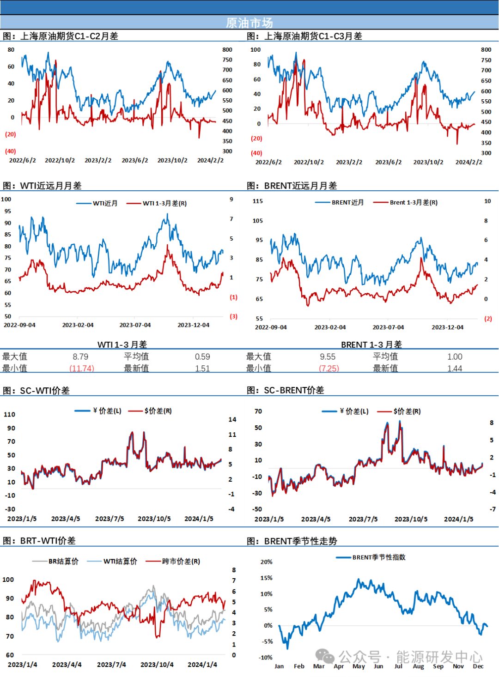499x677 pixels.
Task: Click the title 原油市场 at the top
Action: coord(249,23)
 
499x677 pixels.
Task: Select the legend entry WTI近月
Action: coord(105,203)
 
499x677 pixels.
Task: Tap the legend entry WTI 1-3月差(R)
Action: coord(164,203)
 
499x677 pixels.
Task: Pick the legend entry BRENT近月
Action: coord(347,202)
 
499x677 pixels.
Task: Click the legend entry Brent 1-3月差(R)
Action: coord(414,202)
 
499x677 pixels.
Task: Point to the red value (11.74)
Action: coord(82,368)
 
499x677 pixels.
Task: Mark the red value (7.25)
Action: coord(329,368)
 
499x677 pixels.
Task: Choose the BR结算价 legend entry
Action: coord(63,561)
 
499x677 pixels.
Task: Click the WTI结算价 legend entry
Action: coord(120,561)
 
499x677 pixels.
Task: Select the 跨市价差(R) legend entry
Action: coord(181,561)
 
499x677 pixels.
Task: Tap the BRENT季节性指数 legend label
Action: coord(379,557)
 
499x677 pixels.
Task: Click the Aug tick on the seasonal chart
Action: coord(418,666)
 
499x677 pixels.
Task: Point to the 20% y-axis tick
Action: coord(267,562)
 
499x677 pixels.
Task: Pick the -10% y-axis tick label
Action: coord(266,657)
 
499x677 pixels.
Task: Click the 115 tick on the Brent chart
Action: coord(258,201)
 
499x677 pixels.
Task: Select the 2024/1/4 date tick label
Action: coord(202,665)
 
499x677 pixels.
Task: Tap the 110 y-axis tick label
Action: coord(10,414)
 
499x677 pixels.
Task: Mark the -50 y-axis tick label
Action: coord(257,509)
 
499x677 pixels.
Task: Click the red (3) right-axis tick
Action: coord(234,316)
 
